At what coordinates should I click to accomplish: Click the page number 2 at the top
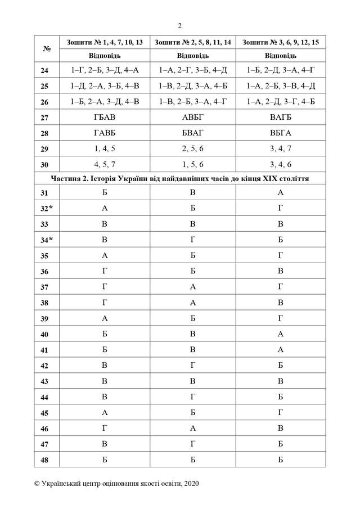[x=180, y=25]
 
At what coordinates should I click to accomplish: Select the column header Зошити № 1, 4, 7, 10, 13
[x=105, y=42]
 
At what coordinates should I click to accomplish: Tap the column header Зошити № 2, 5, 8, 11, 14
[x=192, y=42]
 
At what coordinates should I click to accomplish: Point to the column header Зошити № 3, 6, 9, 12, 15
[x=281, y=42]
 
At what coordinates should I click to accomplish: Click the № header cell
[x=47, y=49]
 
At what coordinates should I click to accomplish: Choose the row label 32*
[x=47, y=208]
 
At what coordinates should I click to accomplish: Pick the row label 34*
[x=47, y=239]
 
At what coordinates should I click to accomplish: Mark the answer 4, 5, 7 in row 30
[x=105, y=164]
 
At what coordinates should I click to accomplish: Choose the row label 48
[x=47, y=460]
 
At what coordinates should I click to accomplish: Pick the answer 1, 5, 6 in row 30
[x=192, y=164]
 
